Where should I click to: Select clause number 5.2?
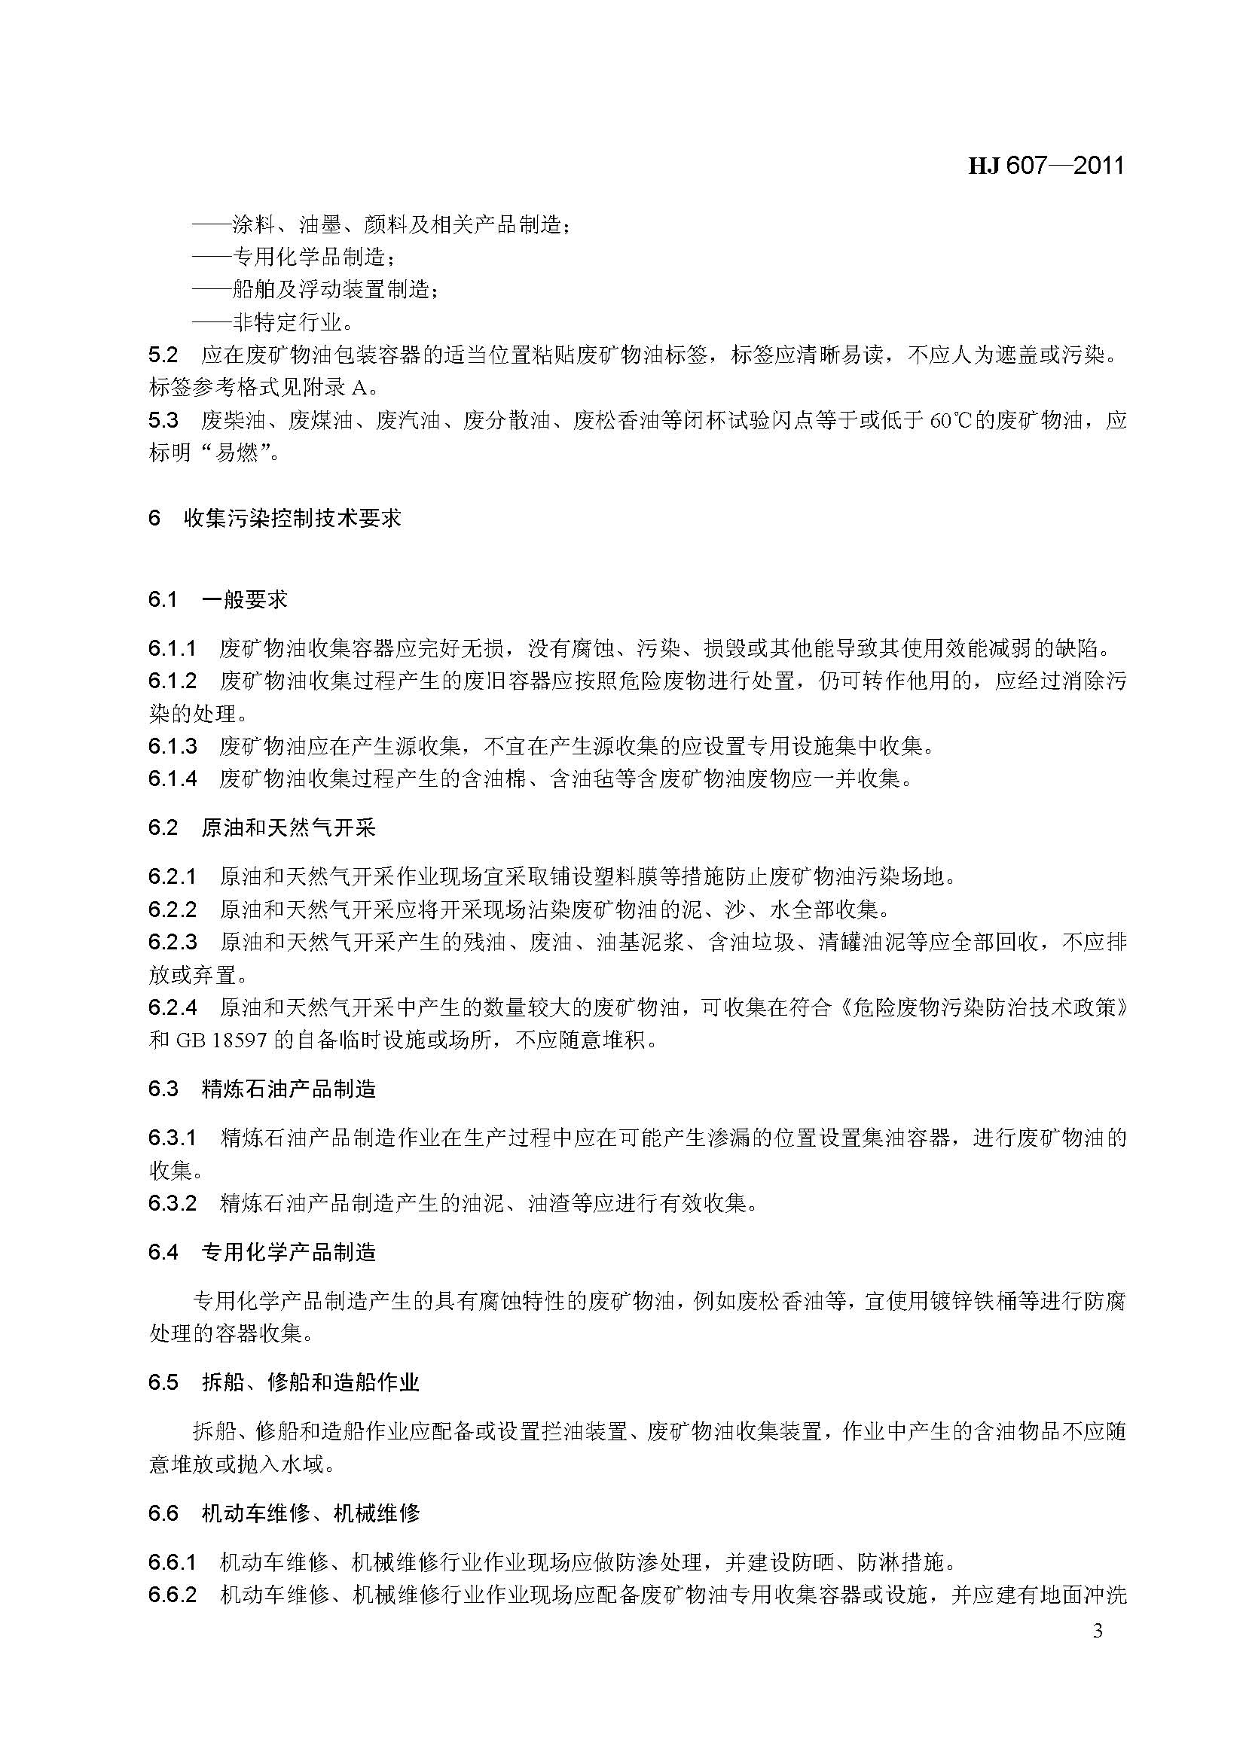click(163, 355)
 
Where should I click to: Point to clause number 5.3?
click(163, 420)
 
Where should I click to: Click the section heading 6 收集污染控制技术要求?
click(275, 519)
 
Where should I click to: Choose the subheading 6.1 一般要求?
click(218, 599)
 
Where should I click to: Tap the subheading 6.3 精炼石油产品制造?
click(261, 1089)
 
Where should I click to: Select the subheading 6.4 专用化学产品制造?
click(261, 1253)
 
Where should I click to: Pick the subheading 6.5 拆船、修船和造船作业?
click(284, 1383)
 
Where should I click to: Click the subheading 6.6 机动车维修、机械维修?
click(284, 1513)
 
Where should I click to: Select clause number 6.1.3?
click(173, 745)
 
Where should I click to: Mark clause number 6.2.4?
click(173, 1007)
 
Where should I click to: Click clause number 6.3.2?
click(173, 1202)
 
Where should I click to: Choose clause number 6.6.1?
click(173, 1561)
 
